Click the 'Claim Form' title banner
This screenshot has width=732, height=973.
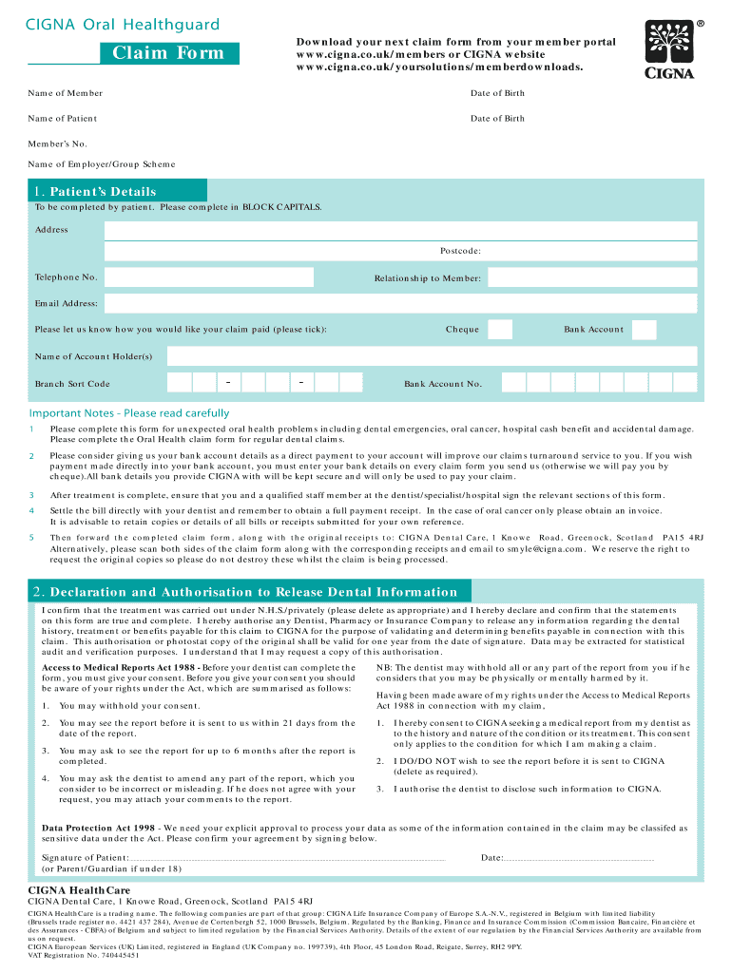(x=169, y=53)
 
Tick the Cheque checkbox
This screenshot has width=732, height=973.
(x=500, y=330)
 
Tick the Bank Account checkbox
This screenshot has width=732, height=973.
(x=644, y=330)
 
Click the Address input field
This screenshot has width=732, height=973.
(x=400, y=231)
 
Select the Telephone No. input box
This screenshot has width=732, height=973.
(x=208, y=277)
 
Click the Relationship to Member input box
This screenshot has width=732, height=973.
(x=591, y=278)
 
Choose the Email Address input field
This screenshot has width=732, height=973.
(x=400, y=303)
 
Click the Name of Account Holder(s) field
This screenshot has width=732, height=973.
(x=432, y=356)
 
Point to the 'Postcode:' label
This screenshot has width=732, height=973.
(x=460, y=251)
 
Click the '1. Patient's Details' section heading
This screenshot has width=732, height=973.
(x=95, y=191)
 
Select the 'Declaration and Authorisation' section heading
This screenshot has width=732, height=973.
(x=245, y=592)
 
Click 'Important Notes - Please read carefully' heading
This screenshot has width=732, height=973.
(x=129, y=413)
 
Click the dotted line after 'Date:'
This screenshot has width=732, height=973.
(x=579, y=858)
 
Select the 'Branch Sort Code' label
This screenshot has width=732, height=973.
(x=72, y=384)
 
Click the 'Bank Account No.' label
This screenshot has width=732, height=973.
(x=443, y=384)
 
